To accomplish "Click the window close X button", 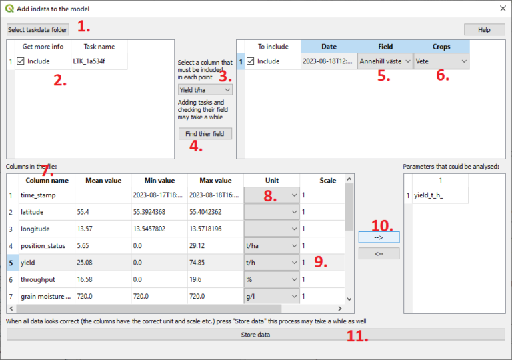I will coord(502,9).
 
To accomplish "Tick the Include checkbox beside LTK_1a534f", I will coord(22,61).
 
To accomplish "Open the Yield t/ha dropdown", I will coord(205,89).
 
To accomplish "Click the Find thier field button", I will coord(205,133).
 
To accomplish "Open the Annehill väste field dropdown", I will coord(385,61).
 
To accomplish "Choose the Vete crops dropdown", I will coord(441,61).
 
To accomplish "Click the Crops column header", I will coord(441,47).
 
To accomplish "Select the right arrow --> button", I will coord(379,237).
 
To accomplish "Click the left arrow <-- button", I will coord(379,253).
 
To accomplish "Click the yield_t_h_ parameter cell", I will coord(441,195).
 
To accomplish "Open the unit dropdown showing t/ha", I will coord(271,245).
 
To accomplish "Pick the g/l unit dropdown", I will coord(271,296).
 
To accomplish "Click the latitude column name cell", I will coord(46,212).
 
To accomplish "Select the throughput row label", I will coord(46,279).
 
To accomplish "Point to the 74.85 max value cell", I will coord(215,263).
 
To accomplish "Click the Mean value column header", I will coord(103,181).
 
